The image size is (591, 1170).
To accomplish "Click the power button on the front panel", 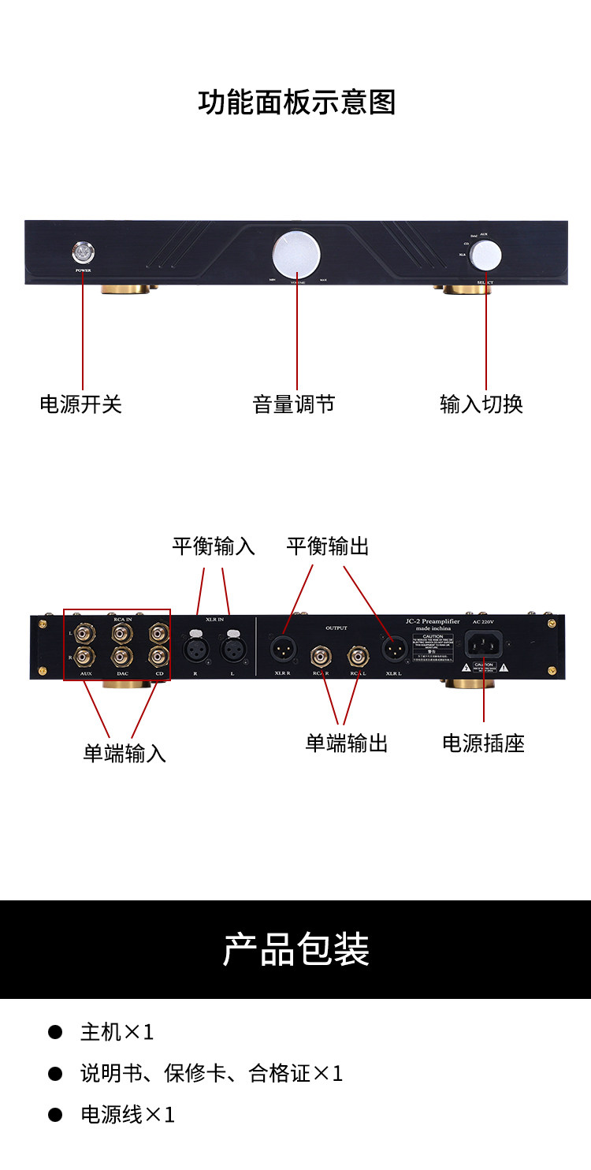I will (x=83, y=252).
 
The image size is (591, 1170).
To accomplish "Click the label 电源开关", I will (x=81, y=404).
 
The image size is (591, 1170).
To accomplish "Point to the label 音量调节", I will (x=294, y=404).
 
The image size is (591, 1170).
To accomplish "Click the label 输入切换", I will (x=481, y=404).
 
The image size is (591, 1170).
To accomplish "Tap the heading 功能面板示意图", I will (x=296, y=102).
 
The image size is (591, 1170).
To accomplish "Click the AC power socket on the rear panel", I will (x=484, y=646).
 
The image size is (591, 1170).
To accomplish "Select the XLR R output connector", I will (x=282, y=649).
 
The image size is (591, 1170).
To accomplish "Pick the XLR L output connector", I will (x=393, y=649).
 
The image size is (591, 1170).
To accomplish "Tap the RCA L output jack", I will (x=359, y=655).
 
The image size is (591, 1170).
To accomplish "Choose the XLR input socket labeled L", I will (x=232, y=650).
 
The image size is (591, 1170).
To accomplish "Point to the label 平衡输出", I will (x=328, y=546).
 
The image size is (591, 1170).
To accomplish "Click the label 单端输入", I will (x=125, y=754).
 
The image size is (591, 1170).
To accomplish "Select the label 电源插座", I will (x=483, y=743).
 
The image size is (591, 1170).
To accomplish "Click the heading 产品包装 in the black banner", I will (x=296, y=949).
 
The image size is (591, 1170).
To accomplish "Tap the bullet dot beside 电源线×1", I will (x=55, y=1114).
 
